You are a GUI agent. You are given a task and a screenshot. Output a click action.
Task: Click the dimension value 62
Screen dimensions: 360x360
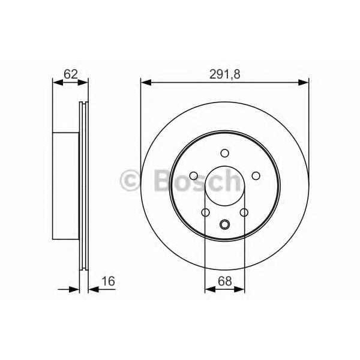(71, 74)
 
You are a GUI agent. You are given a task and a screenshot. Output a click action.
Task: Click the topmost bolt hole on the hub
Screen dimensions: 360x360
(224, 153)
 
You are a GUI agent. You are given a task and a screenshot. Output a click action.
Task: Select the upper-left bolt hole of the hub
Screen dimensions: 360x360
(194, 175)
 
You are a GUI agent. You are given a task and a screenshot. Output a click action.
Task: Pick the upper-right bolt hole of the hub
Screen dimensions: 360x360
(256, 175)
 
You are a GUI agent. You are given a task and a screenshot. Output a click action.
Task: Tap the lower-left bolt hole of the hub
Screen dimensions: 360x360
(206, 212)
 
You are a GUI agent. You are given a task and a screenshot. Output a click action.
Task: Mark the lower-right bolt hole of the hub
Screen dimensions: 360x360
(244, 212)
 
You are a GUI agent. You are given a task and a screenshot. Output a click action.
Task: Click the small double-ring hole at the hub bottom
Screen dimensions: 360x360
(225, 225)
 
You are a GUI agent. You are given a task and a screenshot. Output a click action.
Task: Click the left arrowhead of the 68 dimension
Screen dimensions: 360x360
(209, 290)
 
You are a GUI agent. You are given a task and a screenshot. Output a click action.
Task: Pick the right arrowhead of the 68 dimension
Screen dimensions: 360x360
(241, 290)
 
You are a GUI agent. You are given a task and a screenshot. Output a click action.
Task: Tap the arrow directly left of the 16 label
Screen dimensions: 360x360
(92, 290)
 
